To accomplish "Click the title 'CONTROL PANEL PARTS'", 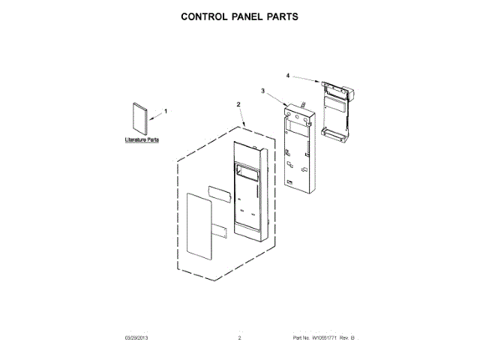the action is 240,16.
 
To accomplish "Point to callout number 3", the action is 262,91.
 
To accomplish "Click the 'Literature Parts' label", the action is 140,140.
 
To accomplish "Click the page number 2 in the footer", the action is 239,339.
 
